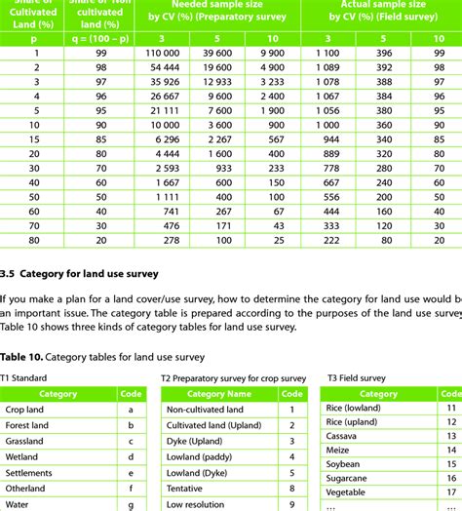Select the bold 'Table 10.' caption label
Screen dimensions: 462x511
click(22, 357)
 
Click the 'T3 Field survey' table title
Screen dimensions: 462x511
click(357, 378)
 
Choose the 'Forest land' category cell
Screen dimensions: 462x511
click(29, 426)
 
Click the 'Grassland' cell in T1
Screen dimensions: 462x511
click(26, 441)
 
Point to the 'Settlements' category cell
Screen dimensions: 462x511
click(30, 472)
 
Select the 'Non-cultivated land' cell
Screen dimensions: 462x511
click(205, 411)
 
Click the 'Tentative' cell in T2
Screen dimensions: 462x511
click(187, 489)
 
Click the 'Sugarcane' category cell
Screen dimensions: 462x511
click(348, 480)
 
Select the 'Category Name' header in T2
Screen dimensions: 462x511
click(218, 394)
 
